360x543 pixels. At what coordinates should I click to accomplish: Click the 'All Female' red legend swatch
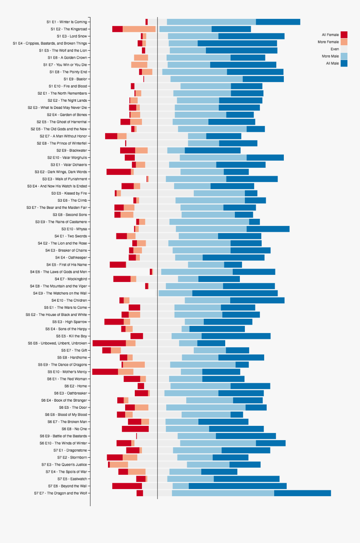[x=344, y=35]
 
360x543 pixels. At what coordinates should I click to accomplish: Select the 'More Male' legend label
[x=330, y=56]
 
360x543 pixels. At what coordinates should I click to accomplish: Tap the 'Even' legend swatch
[x=344, y=49]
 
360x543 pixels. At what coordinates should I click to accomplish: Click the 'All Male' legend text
[x=332, y=63]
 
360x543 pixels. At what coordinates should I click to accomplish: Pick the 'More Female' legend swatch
[x=344, y=42]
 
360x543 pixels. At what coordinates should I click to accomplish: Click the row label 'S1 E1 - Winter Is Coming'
[x=67, y=22]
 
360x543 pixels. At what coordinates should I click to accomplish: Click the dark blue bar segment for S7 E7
[x=302, y=493]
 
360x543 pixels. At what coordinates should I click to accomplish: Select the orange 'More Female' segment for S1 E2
[x=139, y=29]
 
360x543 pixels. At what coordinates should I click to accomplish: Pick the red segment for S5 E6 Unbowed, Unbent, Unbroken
[x=109, y=343]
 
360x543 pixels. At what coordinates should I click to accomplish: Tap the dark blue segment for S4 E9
[x=235, y=293]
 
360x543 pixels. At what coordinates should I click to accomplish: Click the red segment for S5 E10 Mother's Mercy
[x=105, y=372]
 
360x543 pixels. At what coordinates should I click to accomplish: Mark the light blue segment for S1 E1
[x=211, y=22]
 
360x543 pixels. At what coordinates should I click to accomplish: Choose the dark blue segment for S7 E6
[x=237, y=486]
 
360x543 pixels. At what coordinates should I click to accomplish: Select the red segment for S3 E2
[x=118, y=172]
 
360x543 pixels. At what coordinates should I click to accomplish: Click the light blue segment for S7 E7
[x=223, y=493]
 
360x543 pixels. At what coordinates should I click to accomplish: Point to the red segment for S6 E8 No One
[x=135, y=429]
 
